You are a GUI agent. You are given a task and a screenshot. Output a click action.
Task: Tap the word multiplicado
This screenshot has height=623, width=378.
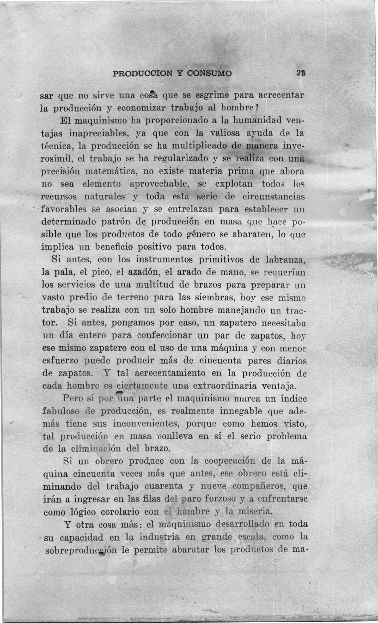(199, 146)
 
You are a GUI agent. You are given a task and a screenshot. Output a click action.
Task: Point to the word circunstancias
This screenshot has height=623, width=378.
(274, 196)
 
